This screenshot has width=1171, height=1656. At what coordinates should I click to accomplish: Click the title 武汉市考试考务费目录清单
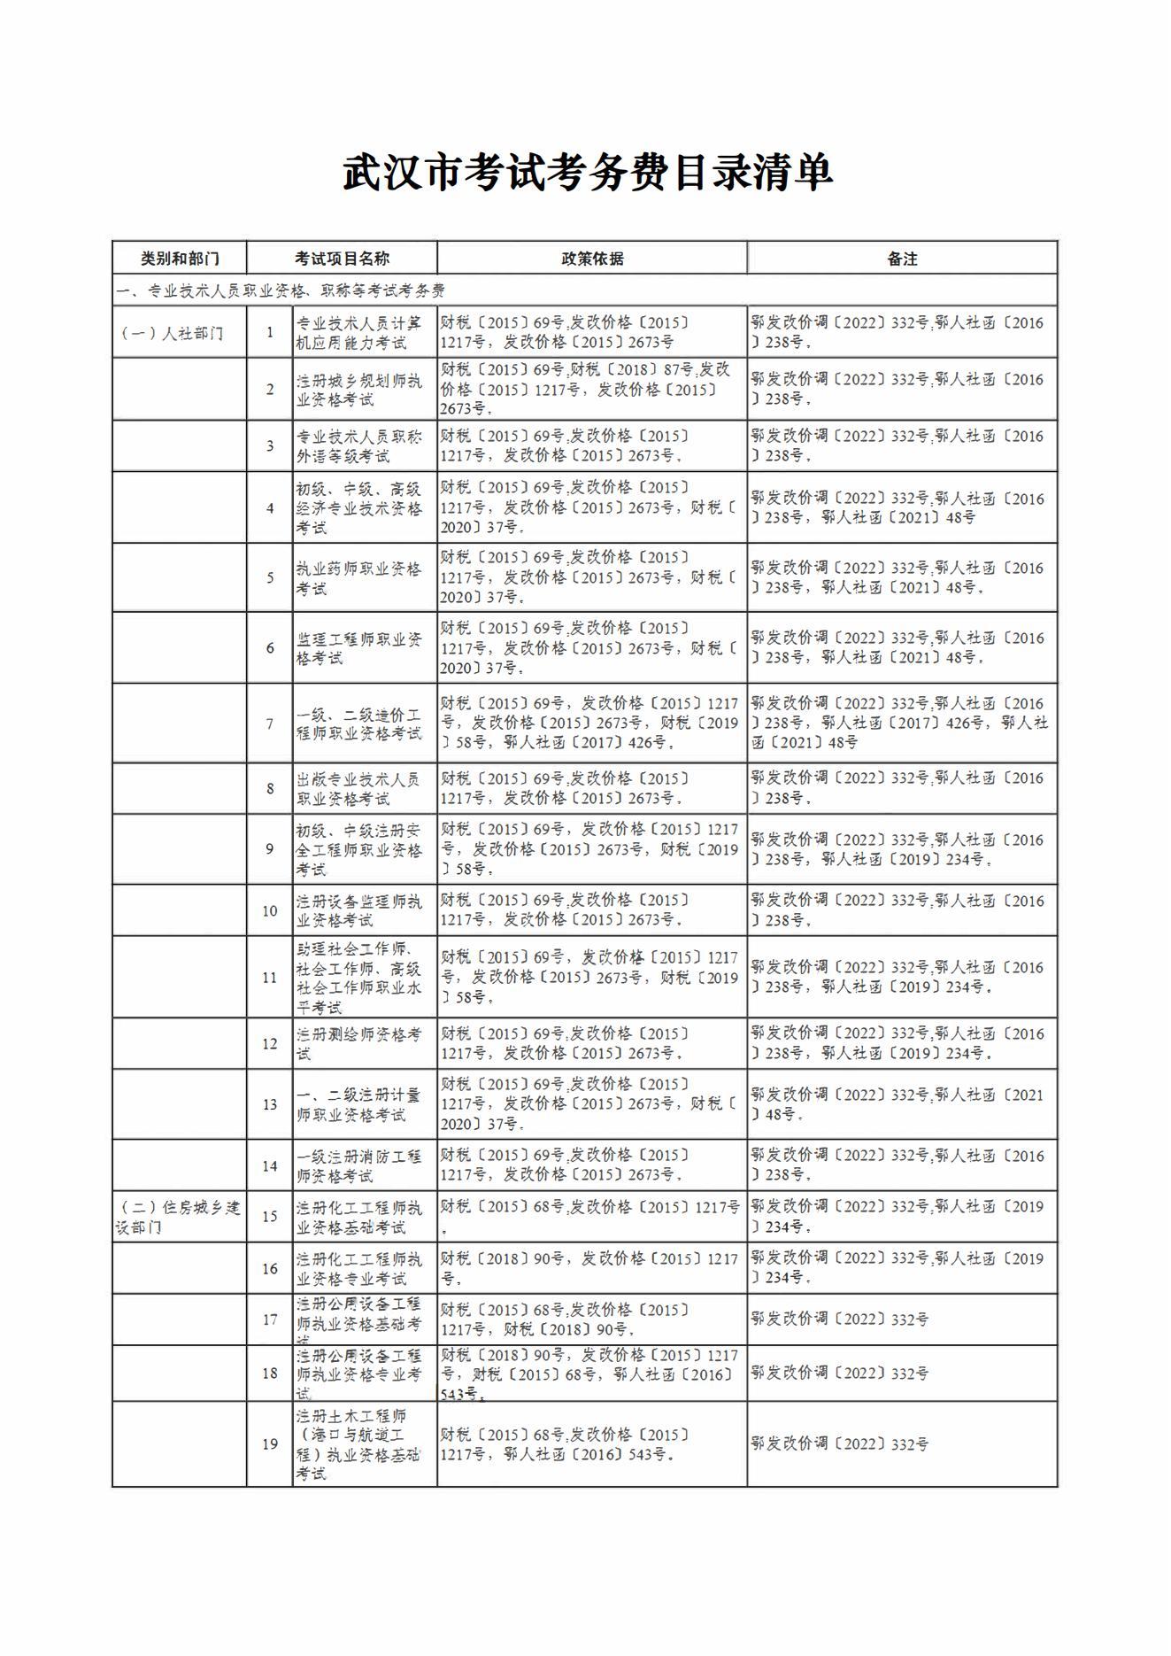coord(587,172)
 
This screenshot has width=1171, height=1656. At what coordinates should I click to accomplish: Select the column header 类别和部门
coord(180,259)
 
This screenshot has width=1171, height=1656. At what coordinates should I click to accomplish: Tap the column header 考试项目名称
coord(342,259)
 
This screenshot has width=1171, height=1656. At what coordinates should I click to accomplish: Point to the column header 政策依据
coord(592,259)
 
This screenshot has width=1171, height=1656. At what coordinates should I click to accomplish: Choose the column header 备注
coord(902,259)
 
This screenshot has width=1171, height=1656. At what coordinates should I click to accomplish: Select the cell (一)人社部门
coord(173,333)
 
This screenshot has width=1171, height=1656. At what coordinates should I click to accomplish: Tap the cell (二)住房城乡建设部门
coord(180,1217)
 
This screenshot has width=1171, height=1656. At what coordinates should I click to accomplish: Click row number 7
coord(270,724)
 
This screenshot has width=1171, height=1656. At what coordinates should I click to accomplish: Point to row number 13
coord(270,1104)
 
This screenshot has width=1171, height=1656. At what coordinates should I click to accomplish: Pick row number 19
coord(270,1444)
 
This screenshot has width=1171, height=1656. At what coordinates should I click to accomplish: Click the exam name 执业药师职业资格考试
coord(359,578)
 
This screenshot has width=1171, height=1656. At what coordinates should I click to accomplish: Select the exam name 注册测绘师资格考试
coord(359,1043)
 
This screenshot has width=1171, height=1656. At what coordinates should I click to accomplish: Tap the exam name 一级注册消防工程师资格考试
coord(359,1166)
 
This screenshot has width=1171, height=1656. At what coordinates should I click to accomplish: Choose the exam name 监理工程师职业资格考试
coord(359,648)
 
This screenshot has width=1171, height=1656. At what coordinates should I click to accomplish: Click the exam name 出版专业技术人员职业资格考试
coord(359,788)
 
